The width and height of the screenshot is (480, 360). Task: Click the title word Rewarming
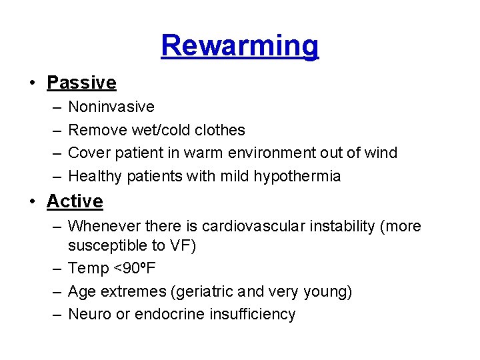coord(240,46)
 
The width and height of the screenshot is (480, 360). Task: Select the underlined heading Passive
coord(81,83)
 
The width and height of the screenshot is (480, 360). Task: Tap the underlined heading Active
coord(75,201)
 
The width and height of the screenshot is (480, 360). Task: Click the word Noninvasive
coord(111,107)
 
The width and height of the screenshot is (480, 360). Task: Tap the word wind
coord(381,153)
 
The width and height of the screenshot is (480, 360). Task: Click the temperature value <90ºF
coord(135,269)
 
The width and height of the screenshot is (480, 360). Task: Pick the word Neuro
coord(90,315)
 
